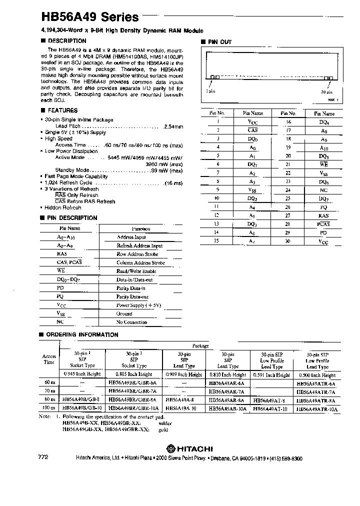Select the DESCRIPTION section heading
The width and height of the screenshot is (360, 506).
coord(66,41)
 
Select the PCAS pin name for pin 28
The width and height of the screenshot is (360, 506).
coord(323,224)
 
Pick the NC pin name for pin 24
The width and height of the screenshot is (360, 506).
coord(323,190)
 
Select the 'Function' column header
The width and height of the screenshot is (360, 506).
coord(140,228)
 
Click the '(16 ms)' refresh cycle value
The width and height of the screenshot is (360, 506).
coord(173,183)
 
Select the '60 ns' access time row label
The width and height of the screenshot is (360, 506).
coord(49,382)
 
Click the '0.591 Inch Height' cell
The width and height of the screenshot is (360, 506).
coord(271,374)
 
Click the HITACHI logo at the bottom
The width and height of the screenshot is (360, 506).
coord(190,448)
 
